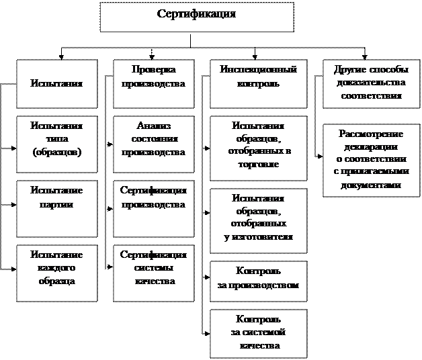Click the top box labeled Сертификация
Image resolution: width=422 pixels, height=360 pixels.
(197, 17)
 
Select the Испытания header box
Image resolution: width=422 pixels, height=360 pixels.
(56, 84)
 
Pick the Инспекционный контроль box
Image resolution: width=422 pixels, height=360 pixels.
(258, 83)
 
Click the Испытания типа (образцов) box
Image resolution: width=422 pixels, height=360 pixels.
(56, 143)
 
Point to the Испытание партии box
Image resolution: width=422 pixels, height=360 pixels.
(56, 208)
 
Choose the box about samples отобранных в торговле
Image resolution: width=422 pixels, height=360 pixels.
(258, 148)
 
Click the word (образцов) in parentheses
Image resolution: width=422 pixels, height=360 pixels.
(56, 153)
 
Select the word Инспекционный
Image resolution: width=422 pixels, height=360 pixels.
(258, 69)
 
